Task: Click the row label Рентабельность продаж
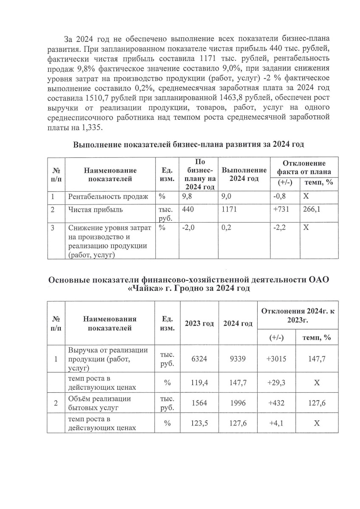108,196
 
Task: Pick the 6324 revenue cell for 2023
199,359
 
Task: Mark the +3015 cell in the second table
276,359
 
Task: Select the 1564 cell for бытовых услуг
199,403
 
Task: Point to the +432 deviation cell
276,403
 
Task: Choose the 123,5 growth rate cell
199,423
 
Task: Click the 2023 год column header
199,324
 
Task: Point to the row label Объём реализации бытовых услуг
100,403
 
